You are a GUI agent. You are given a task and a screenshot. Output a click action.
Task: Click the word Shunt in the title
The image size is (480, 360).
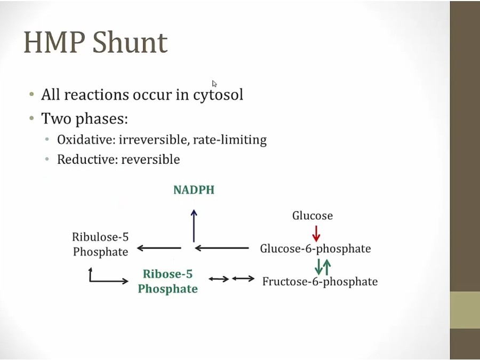tap(131, 43)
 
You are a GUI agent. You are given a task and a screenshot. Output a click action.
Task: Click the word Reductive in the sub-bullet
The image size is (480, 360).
tap(86, 159)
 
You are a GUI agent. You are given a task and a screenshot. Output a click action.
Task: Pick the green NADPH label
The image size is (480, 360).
tap(194, 190)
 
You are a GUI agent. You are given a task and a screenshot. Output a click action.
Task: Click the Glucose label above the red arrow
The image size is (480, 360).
tap(313, 216)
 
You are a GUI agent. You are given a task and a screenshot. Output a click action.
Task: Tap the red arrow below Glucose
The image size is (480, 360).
tap(316, 233)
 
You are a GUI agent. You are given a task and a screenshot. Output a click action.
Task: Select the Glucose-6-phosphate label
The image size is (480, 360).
tap(315, 249)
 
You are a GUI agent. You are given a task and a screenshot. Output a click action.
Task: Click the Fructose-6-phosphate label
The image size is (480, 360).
tap(319, 282)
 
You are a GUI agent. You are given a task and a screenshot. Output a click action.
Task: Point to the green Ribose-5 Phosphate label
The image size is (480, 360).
tap(167, 282)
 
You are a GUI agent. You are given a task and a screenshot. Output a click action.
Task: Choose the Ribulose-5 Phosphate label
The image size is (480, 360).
tap(100, 244)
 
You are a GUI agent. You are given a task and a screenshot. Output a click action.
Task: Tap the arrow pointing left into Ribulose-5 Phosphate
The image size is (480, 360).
tap(159, 248)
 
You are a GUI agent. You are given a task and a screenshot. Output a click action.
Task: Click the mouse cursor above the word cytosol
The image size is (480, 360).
tap(214, 84)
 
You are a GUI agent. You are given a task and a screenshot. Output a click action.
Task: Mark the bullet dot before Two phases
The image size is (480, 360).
tap(32, 118)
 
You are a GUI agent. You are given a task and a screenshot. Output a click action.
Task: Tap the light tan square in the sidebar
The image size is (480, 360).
tap(465, 310)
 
